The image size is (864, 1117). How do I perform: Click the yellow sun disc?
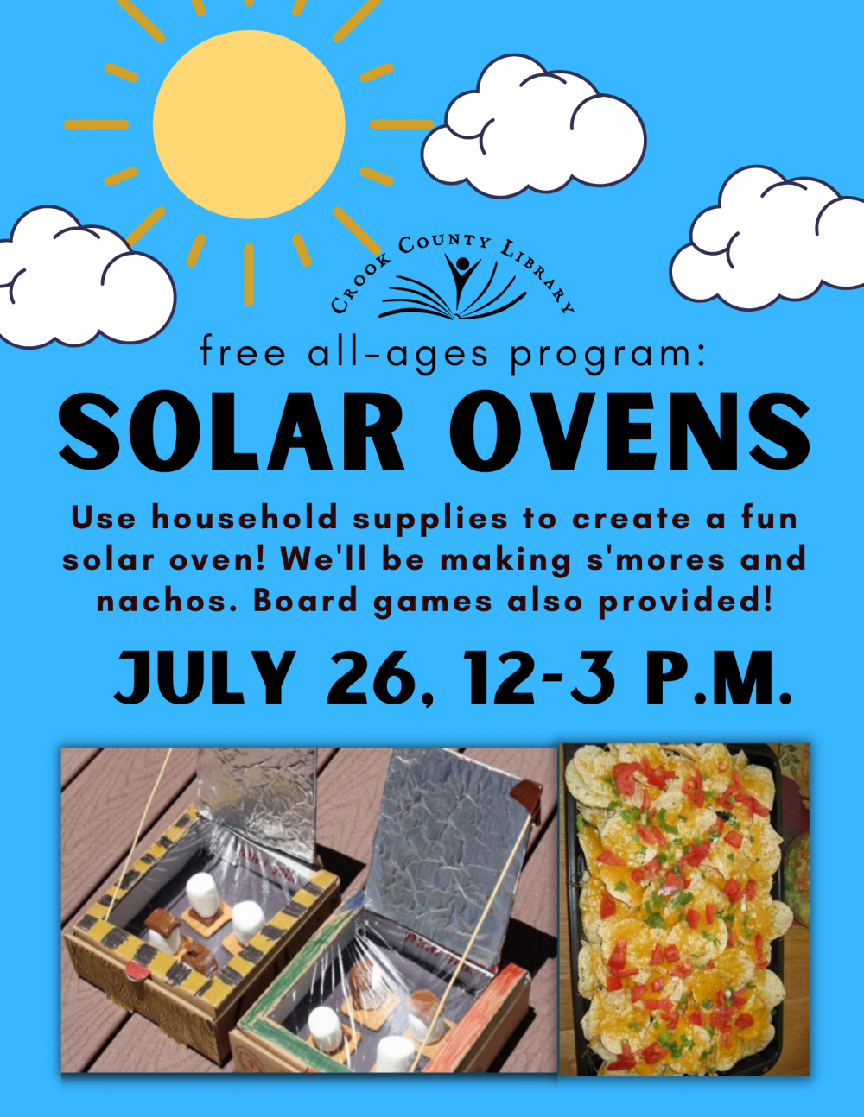click(x=249, y=124)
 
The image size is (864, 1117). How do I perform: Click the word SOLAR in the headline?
click(x=232, y=430)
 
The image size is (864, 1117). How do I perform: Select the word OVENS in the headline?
click(x=631, y=430)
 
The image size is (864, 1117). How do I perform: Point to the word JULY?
click(x=206, y=677)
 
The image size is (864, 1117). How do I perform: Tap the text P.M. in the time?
click(x=719, y=677)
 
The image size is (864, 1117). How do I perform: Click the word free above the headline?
click(x=242, y=351)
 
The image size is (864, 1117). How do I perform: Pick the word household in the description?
click(x=245, y=517)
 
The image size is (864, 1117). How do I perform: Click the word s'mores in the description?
click(x=656, y=559)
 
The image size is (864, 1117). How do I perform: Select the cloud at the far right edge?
click(x=767, y=238)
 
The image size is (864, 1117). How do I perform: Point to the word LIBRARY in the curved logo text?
click(x=538, y=276)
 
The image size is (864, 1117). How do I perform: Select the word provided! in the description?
click(x=685, y=601)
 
